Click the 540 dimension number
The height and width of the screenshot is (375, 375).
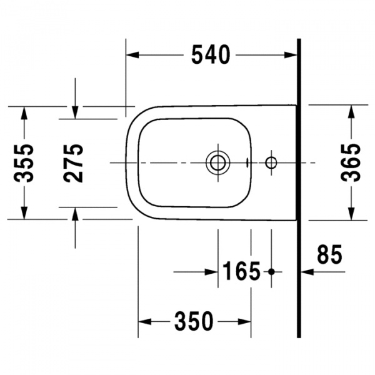click(211, 56)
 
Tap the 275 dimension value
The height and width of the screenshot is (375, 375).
click(75, 162)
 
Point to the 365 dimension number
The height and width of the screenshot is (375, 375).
click(351, 162)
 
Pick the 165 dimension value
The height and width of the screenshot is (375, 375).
click(241, 271)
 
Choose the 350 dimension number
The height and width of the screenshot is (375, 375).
click(194, 322)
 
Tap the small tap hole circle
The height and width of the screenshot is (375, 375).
click(271, 162)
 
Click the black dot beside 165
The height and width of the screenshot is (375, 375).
click(271, 271)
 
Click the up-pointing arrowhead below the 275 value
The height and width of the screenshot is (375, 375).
click(75, 212)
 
